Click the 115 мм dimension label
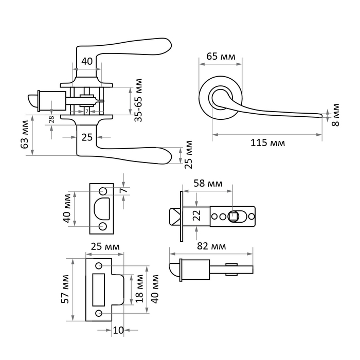tap(266, 142)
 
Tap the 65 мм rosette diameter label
tap(220, 56)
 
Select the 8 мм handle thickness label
tap(335, 114)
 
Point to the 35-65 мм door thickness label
tap(138, 100)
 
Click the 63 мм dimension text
tap(24, 135)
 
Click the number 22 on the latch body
tap(196, 216)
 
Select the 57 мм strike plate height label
tap(65, 291)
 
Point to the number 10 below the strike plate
tap(118, 330)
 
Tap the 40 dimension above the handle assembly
tap(87, 61)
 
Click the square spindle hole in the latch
tap(233, 216)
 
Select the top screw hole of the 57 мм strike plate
tap(98, 266)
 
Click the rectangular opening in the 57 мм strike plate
tap(98, 289)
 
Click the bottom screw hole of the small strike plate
tap(102, 226)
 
